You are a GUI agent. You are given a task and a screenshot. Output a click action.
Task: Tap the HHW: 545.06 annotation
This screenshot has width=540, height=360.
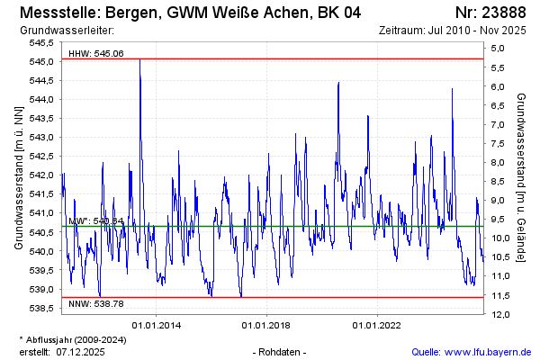point(95,54)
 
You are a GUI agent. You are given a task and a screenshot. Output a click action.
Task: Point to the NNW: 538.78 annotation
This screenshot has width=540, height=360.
point(95,304)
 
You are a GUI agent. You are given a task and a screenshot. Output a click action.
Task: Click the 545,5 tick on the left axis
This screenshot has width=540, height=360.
point(41,42)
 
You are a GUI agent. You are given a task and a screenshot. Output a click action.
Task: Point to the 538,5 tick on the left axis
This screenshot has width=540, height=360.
point(41,308)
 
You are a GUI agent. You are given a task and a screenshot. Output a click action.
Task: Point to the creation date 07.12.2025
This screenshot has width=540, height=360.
point(81,351)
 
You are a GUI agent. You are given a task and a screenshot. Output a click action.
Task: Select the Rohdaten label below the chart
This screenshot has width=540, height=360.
point(281,351)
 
